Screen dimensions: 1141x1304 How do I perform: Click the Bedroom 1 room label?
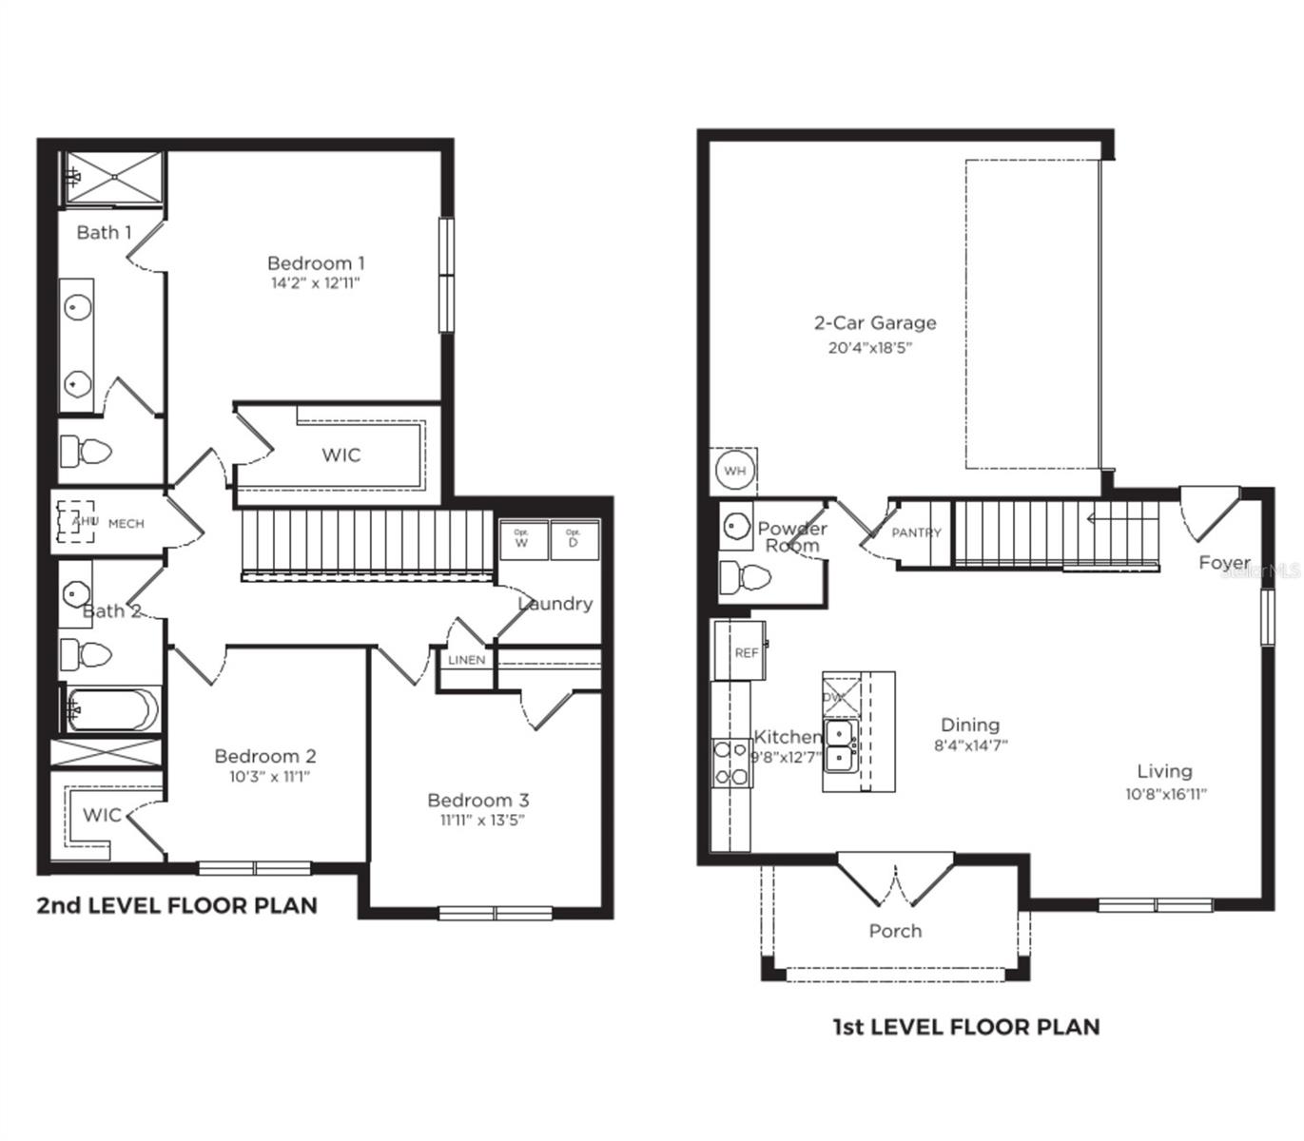coord(315,263)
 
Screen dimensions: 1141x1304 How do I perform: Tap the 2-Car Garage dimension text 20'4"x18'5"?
coord(869,348)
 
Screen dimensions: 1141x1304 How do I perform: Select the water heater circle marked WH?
coord(734,470)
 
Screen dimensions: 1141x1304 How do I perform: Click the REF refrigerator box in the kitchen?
coord(741,652)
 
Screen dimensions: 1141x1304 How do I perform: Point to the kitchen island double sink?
coord(840,745)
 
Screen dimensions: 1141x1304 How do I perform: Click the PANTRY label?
coord(916,533)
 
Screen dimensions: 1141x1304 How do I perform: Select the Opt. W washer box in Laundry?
coord(522,541)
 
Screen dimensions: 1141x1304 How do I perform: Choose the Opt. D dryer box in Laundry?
coord(574,541)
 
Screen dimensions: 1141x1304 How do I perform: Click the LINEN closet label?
coord(466,660)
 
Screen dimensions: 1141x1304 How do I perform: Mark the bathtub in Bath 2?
coord(111,709)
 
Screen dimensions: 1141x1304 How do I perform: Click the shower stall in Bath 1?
coord(114,177)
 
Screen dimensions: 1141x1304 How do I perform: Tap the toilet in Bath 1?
coord(86,451)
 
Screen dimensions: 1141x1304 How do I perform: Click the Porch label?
coord(895,931)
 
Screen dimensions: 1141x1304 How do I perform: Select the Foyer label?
coord(1223,563)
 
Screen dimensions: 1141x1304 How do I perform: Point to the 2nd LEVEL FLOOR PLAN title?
coord(177,905)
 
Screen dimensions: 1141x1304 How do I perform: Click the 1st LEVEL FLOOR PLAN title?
coord(966,1027)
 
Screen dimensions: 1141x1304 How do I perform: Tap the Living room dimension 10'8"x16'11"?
coord(1165,795)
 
